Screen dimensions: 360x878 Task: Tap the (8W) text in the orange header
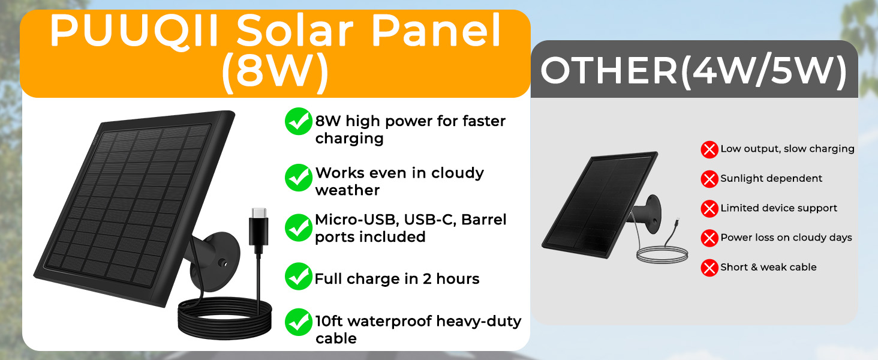(275, 74)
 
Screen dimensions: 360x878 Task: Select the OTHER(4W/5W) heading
(694, 71)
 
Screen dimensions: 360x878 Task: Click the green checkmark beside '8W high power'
(298, 122)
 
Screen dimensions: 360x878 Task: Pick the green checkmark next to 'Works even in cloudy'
(298, 176)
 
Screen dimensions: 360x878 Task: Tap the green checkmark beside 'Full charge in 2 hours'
(298, 277)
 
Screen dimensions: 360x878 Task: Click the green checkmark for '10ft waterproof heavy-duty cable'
(298, 323)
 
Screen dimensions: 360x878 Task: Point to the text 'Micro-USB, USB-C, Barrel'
(411, 220)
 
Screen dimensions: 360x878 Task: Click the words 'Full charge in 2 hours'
(397, 279)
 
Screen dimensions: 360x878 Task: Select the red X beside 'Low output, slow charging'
(709, 149)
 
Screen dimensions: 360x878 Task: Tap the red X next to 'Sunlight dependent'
(709, 179)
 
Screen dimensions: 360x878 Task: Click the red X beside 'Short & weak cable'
(709, 268)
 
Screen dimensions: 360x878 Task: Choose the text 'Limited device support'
(778, 208)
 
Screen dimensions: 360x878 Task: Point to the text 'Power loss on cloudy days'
(786, 238)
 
